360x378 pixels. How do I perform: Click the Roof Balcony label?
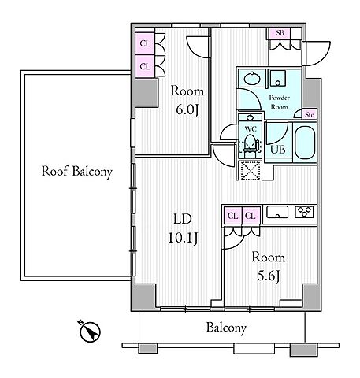77,172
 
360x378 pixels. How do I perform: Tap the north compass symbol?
90,332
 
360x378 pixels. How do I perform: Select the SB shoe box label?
280,33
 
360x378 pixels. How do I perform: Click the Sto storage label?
310,115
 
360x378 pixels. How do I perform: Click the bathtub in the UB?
305,143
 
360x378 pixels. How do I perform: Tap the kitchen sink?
277,212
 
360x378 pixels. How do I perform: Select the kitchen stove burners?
304,212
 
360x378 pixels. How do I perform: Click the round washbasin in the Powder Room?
252,78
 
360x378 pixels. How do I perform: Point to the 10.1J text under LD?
183,239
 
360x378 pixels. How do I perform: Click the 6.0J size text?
187,109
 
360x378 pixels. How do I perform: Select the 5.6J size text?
268,276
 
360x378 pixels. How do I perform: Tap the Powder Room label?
280,102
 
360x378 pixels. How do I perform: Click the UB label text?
278,150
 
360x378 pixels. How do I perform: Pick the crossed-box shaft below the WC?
251,171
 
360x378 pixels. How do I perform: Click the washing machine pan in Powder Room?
278,78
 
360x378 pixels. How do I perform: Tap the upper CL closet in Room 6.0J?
145,43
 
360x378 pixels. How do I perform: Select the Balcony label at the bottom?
226,328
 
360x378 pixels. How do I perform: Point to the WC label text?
251,129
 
